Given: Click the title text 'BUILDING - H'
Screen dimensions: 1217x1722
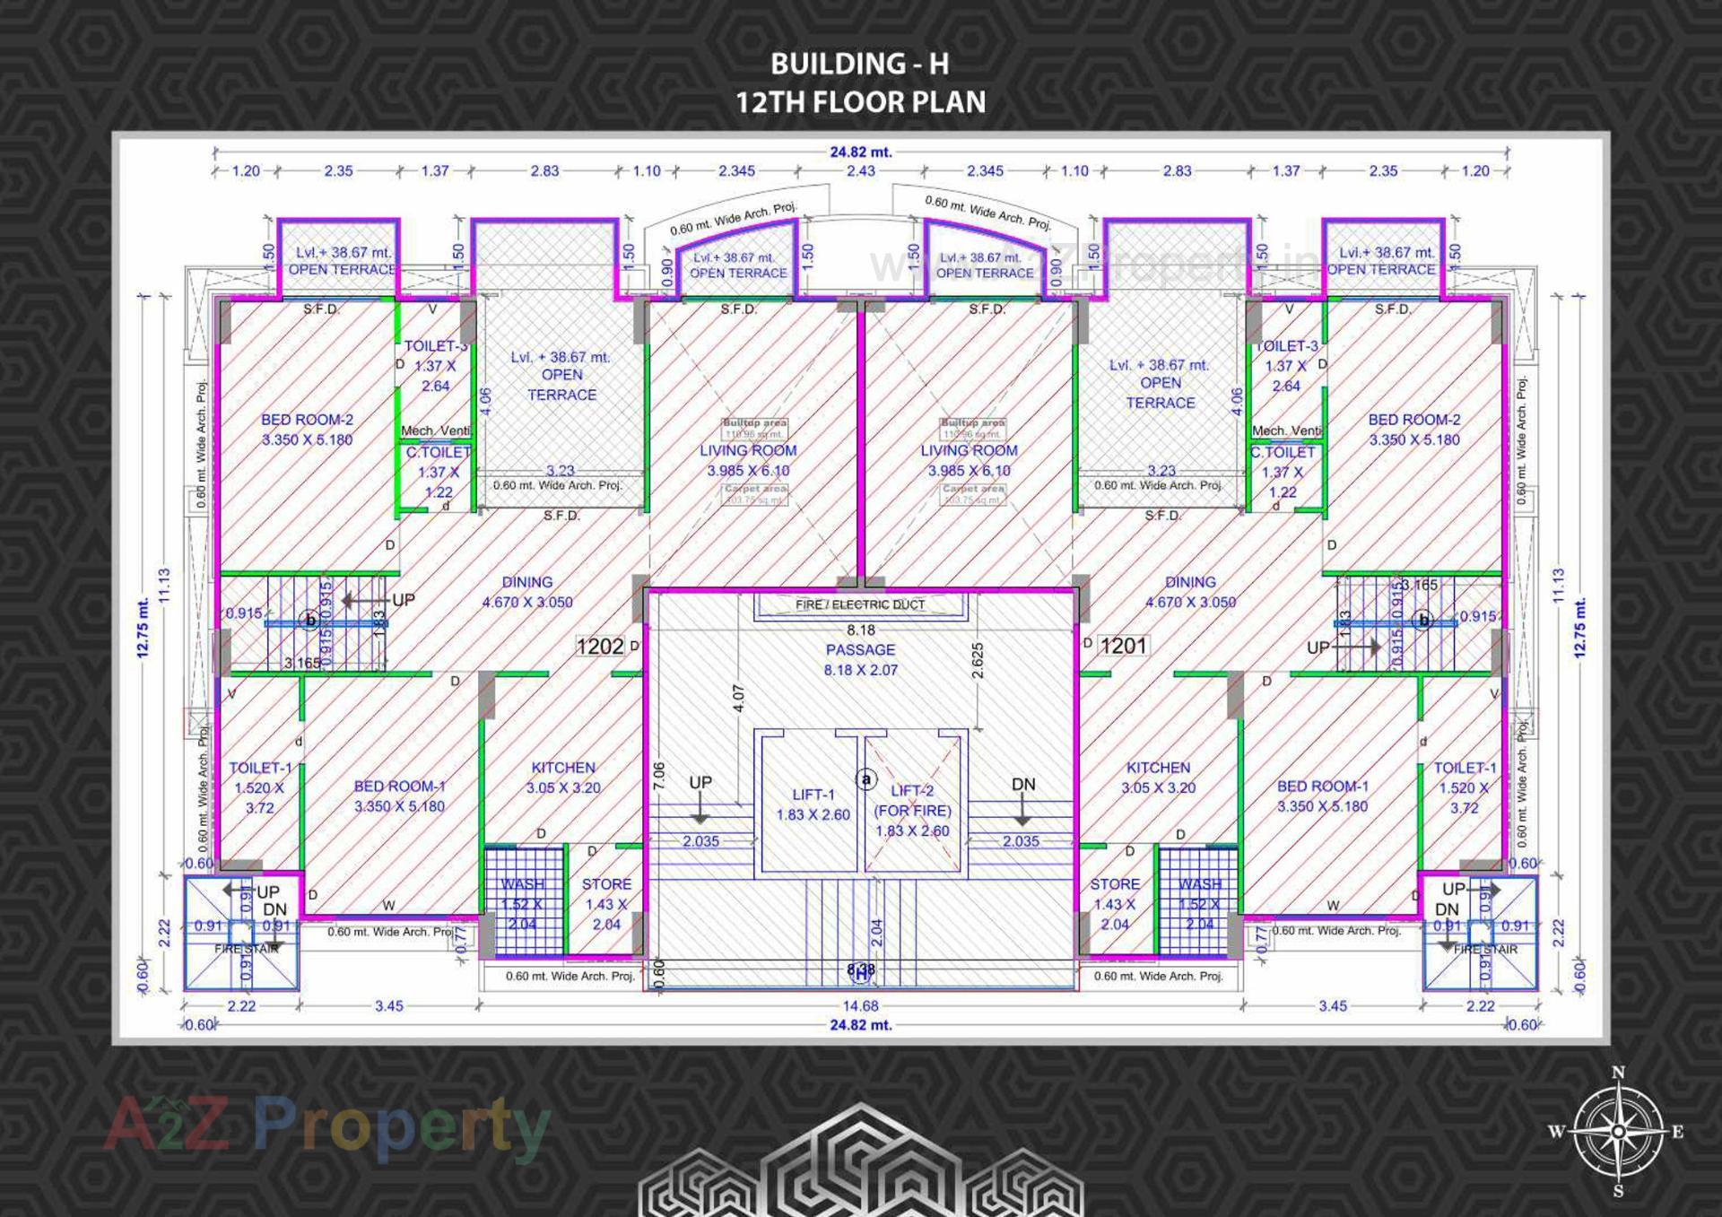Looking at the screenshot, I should tap(859, 64).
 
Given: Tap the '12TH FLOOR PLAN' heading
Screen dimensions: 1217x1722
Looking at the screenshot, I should tap(860, 102).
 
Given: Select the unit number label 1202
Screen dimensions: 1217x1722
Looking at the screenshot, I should tap(599, 646).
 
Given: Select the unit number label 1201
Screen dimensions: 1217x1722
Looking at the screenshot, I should tap(1123, 646).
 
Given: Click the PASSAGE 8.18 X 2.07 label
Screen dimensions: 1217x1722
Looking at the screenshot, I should tap(860, 659).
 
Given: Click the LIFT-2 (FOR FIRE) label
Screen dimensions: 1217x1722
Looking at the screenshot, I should tap(912, 810).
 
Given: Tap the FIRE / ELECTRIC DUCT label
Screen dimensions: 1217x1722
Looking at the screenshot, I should tap(859, 604).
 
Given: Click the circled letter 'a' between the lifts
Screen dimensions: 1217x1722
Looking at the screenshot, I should tap(865, 779).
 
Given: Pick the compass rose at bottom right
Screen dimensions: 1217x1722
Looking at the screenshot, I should tap(1618, 1132).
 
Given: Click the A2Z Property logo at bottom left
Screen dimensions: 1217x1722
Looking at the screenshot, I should tap(326, 1126).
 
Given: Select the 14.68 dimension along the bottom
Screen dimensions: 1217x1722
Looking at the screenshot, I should tap(859, 1005).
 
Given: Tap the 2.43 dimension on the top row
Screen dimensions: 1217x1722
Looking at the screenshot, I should tap(860, 170).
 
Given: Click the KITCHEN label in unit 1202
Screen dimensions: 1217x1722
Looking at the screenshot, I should tap(562, 778).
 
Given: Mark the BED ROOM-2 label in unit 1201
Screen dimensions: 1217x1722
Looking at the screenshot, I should tap(1413, 430).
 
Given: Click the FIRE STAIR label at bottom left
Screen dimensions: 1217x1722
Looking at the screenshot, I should tap(246, 948).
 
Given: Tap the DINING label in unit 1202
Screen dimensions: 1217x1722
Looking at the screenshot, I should tap(526, 592).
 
